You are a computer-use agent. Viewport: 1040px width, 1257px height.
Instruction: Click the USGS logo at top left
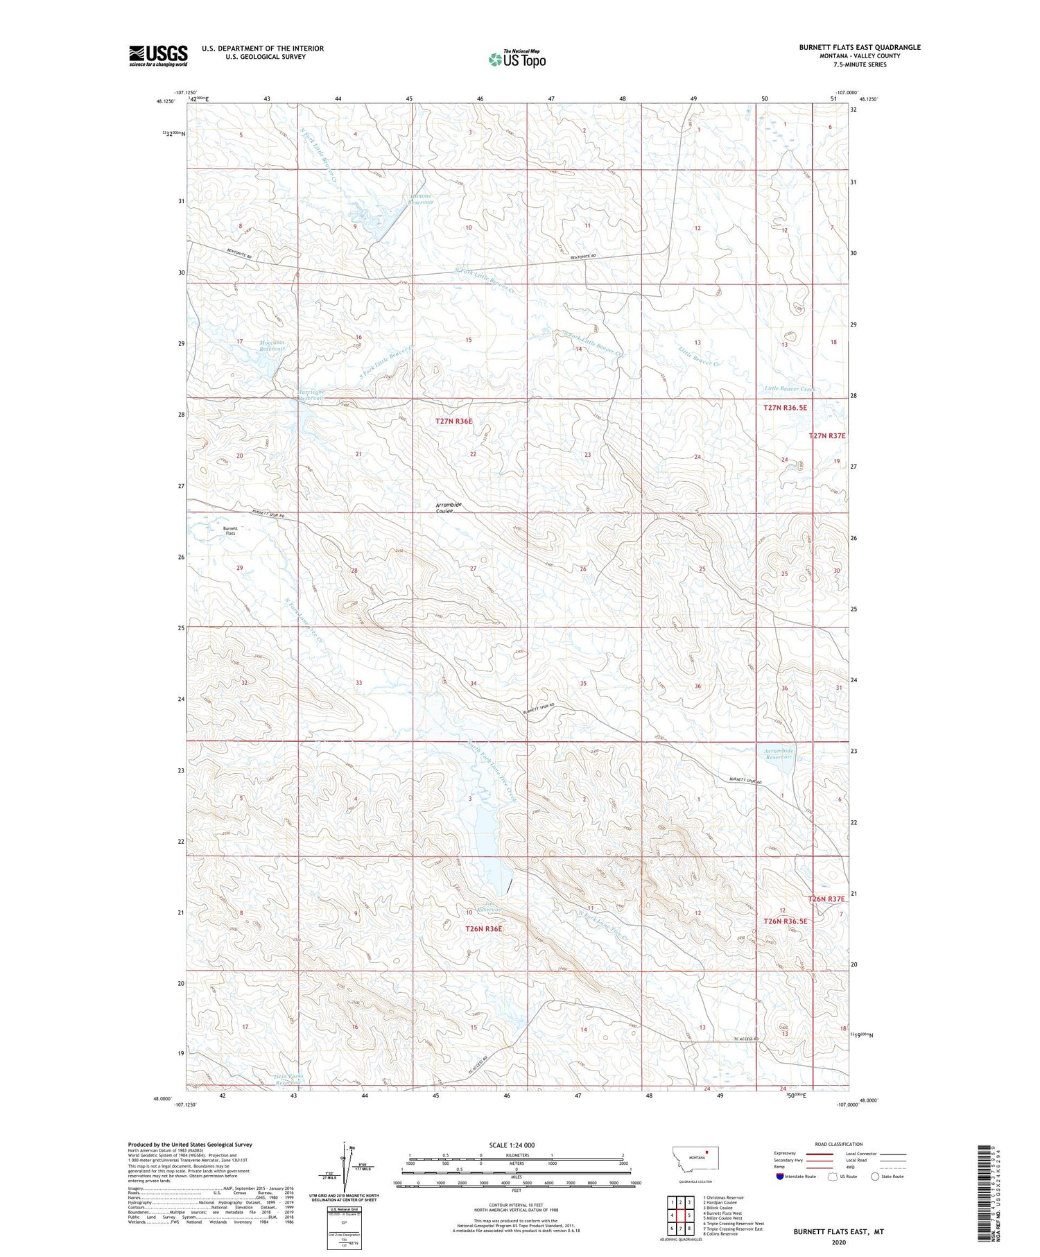coord(158,55)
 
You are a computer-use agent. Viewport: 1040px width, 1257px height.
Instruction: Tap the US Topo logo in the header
coord(517,59)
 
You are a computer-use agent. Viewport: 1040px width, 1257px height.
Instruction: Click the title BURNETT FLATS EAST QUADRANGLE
coord(859,47)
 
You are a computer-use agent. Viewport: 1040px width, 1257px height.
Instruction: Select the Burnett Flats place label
coord(229,530)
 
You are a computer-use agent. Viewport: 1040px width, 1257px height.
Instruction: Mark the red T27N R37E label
coord(827,435)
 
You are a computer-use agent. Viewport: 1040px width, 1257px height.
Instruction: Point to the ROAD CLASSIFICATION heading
coord(839,1144)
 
